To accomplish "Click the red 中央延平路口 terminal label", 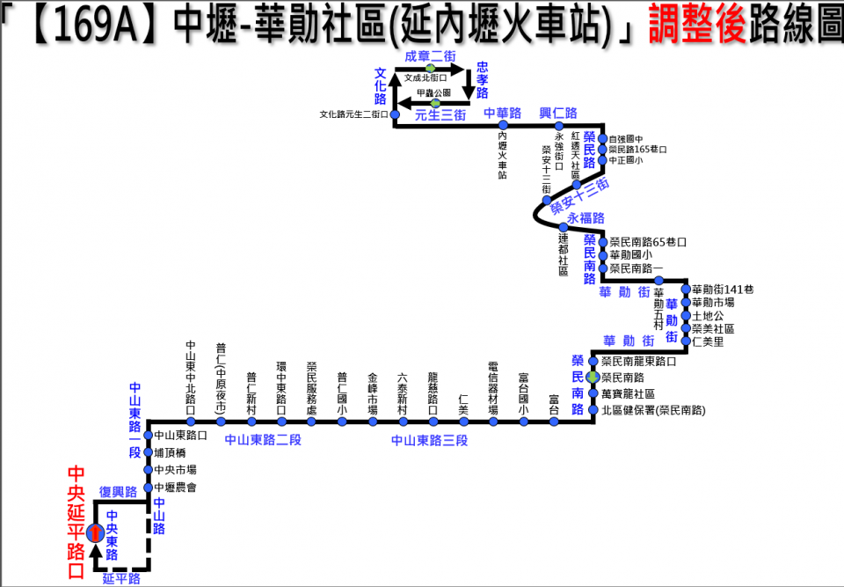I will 76,521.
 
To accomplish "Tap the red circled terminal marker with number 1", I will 94,532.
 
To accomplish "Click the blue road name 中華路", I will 503,113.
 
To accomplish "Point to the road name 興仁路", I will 558,113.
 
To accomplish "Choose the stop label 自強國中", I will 626,138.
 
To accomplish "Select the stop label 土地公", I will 707,315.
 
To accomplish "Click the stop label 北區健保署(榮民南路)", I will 652,411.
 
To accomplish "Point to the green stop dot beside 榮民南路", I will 593,378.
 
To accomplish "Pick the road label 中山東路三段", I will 429,439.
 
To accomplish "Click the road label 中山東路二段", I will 262,439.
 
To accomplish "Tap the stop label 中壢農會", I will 175,487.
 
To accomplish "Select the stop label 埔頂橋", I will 169,452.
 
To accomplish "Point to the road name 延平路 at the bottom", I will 120,578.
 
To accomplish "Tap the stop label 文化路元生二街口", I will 353,114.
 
